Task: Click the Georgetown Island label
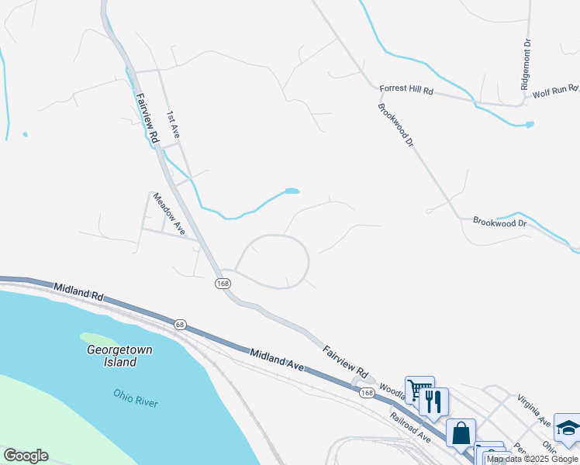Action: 120,356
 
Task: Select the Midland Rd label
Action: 78,292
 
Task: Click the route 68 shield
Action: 180,324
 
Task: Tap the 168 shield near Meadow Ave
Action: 223,284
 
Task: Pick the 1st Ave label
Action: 174,126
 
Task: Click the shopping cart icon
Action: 419,388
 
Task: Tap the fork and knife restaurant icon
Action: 433,400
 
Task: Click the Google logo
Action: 26,456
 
